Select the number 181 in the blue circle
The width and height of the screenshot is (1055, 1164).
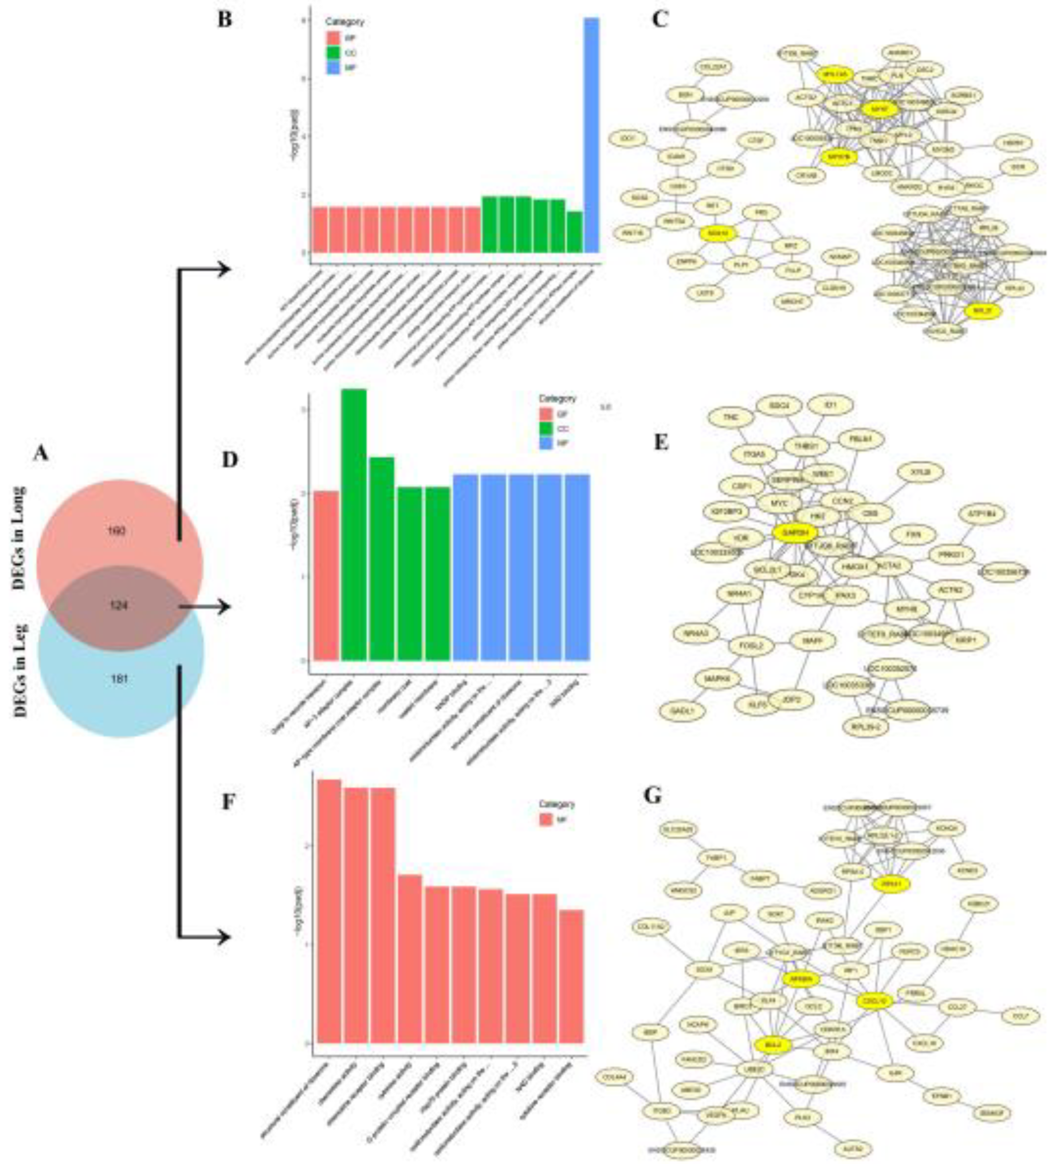[x=119, y=679]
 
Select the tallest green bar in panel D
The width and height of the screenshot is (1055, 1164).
[x=354, y=524]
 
